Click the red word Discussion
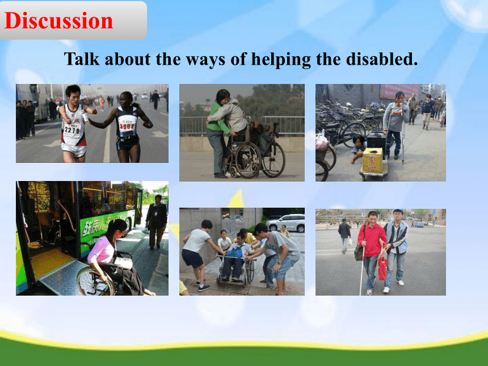click(x=59, y=20)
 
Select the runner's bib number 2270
click(x=72, y=129)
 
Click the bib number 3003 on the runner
click(x=127, y=126)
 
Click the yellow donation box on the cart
click(x=372, y=160)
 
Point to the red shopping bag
click(x=382, y=268)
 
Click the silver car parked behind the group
click(x=285, y=222)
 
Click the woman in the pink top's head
click(x=116, y=228)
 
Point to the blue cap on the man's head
click(x=398, y=211)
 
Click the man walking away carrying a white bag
click(x=344, y=235)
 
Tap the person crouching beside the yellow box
click(x=358, y=148)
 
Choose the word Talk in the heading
click(x=82, y=58)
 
